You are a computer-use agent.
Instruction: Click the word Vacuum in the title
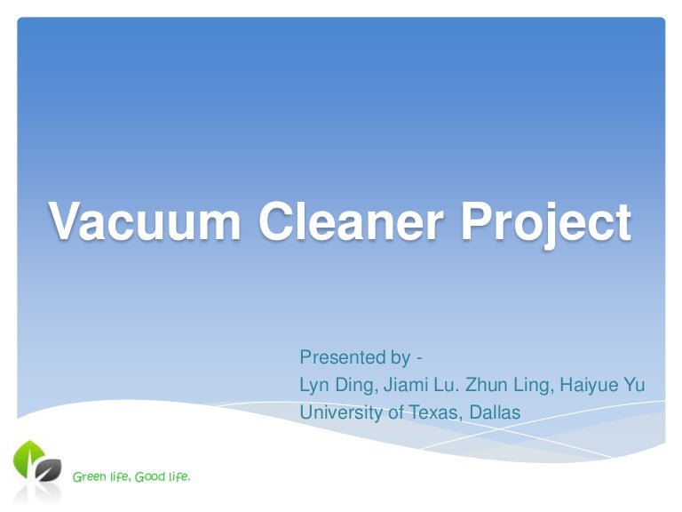point(144,221)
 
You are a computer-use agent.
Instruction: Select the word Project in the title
point(545,223)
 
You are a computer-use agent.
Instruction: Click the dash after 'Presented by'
point(419,358)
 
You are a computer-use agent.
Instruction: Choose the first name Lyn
point(314,386)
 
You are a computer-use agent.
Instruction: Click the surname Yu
point(635,386)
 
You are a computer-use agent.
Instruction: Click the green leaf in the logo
point(28,457)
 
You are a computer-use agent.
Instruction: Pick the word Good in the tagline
point(152,477)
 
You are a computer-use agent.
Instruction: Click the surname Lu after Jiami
point(449,386)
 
